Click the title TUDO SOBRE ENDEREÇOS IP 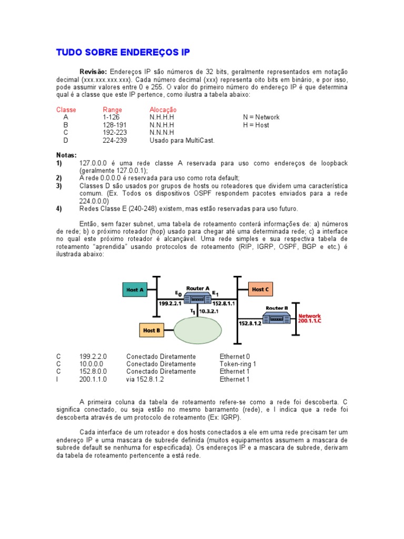click(x=123, y=53)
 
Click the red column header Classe click(x=66, y=109)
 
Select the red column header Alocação click(x=163, y=109)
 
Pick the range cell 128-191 click(x=115, y=125)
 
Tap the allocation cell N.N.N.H click(x=161, y=133)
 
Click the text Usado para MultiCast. click(x=182, y=141)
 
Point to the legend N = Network click(x=261, y=117)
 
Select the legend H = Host click(x=256, y=125)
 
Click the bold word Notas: click(x=66, y=155)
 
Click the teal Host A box click(x=135, y=289)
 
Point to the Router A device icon click(x=198, y=298)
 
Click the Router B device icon click(x=277, y=317)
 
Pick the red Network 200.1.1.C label click(x=309, y=318)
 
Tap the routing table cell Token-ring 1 click(x=238, y=364)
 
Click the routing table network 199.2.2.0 click(x=93, y=356)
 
